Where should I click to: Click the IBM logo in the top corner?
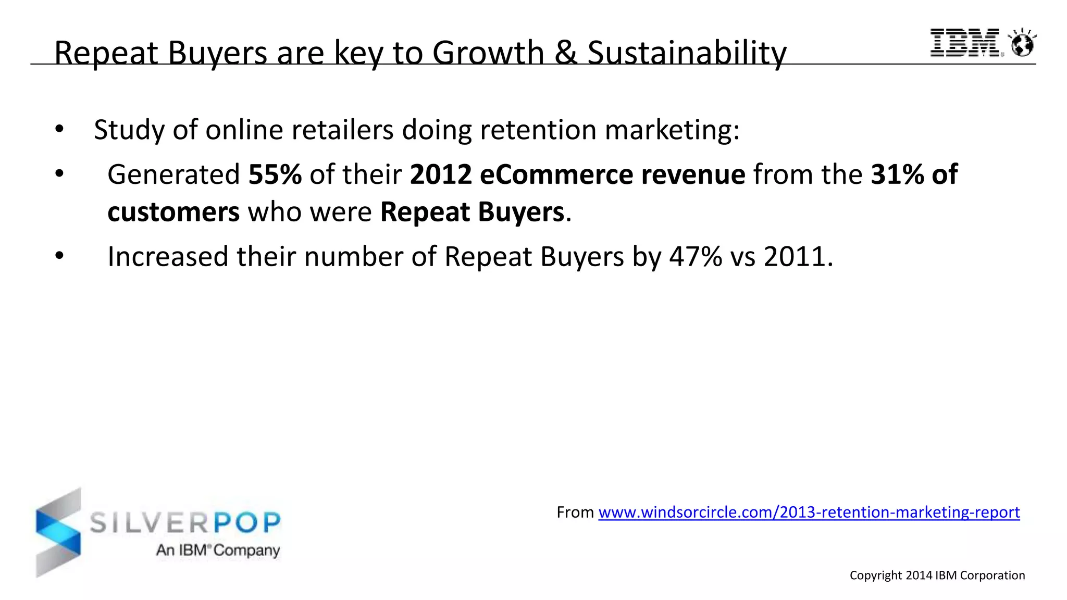(x=965, y=42)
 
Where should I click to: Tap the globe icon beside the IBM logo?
(x=1022, y=43)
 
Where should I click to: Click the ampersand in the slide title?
(x=566, y=53)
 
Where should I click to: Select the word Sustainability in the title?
(x=687, y=53)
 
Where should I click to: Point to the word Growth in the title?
(x=488, y=53)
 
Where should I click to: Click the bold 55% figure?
(x=275, y=174)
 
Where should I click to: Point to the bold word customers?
(x=173, y=213)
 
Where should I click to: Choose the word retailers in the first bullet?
(x=342, y=130)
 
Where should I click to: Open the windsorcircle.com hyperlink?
(x=809, y=512)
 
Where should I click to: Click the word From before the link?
(x=575, y=512)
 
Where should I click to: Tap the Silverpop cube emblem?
(x=58, y=532)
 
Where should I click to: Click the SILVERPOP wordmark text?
(x=185, y=522)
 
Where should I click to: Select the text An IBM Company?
(x=218, y=551)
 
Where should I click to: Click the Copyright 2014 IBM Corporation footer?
(x=937, y=576)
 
